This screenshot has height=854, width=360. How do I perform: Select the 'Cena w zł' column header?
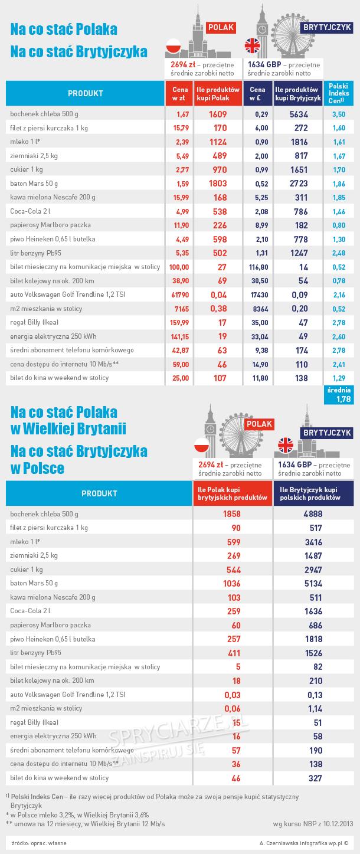pyautogui.click(x=179, y=93)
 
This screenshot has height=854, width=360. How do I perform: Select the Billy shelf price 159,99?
pyautogui.click(x=178, y=322)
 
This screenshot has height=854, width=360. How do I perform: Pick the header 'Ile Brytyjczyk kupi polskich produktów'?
pyautogui.click(x=313, y=493)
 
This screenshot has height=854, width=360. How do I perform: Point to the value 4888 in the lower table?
pyautogui.click(x=313, y=513)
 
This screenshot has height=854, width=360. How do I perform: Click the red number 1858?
pyautogui.click(x=232, y=513)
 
